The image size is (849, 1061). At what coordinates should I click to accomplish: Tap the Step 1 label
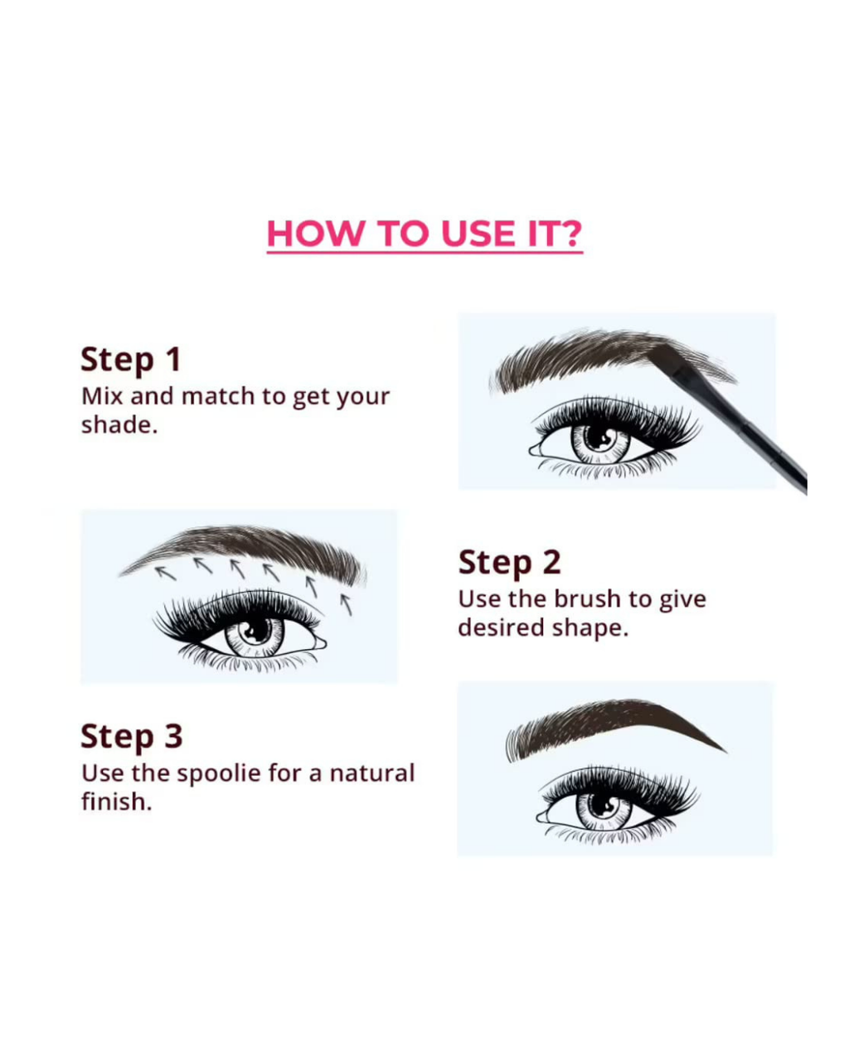[131, 360]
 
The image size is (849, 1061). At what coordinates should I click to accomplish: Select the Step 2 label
[509, 562]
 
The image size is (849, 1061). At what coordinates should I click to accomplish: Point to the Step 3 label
[132, 736]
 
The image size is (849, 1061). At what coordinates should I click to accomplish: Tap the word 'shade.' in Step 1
[119, 425]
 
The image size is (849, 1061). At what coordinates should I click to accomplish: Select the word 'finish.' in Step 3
[116, 802]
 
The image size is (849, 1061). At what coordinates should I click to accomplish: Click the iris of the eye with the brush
[600, 441]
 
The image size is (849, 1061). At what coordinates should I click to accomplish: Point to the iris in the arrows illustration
[255, 636]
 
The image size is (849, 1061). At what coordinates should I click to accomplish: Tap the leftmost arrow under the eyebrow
[165, 574]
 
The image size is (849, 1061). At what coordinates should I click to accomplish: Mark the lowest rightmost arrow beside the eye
[347, 605]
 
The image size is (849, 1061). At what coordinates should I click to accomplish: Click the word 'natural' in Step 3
[372, 773]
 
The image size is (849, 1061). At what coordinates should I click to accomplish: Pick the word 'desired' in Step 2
[502, 627]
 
